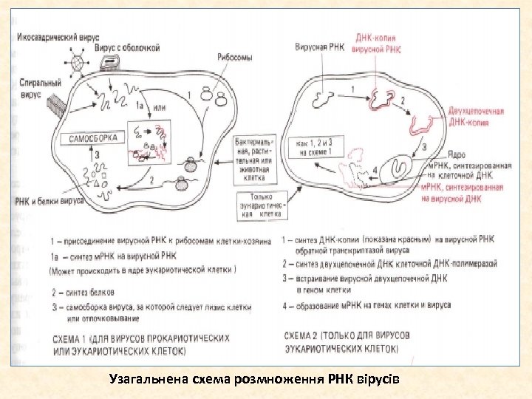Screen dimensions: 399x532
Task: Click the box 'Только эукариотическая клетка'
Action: pyautogui.click(x=260, y=204)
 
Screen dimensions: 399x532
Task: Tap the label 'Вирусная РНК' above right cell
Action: pyautogui.click(x=318, y=47)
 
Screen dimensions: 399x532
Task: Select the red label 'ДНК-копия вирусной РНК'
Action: pyautogui.click(x=378, y=44)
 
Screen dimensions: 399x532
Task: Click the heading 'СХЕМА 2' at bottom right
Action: pyautogui.click(x=341, y=341)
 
